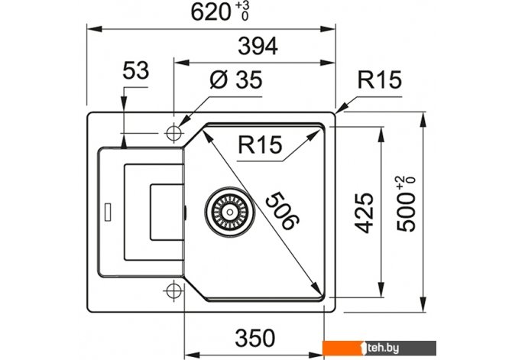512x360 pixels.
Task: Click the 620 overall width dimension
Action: [x=211, y=12]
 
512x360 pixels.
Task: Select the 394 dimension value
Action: [x=258, y=46]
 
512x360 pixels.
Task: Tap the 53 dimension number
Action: [x=135, y=70]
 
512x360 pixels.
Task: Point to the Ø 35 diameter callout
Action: [x=236, y=79]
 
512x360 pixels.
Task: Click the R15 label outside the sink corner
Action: [x=380, y=79]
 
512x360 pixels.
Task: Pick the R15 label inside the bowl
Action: [x=260, y=144]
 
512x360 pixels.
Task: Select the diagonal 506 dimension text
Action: [x=283, y=211]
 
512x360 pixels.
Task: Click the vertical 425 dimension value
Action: [x=364, y=213]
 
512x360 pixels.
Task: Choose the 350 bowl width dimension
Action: [x=255, y=338]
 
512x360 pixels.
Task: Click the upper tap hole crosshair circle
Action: [x=173, y=133]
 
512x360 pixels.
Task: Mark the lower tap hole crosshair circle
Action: [x=173, y=290]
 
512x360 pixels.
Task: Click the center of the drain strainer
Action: [x=230, y=212]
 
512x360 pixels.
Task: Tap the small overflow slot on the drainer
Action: [x=108, y=212]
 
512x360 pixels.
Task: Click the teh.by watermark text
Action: [x=382, y=349]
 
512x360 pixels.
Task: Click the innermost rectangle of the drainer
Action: [x=166, y=212]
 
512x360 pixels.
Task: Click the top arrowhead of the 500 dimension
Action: [x=423, y=119]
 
